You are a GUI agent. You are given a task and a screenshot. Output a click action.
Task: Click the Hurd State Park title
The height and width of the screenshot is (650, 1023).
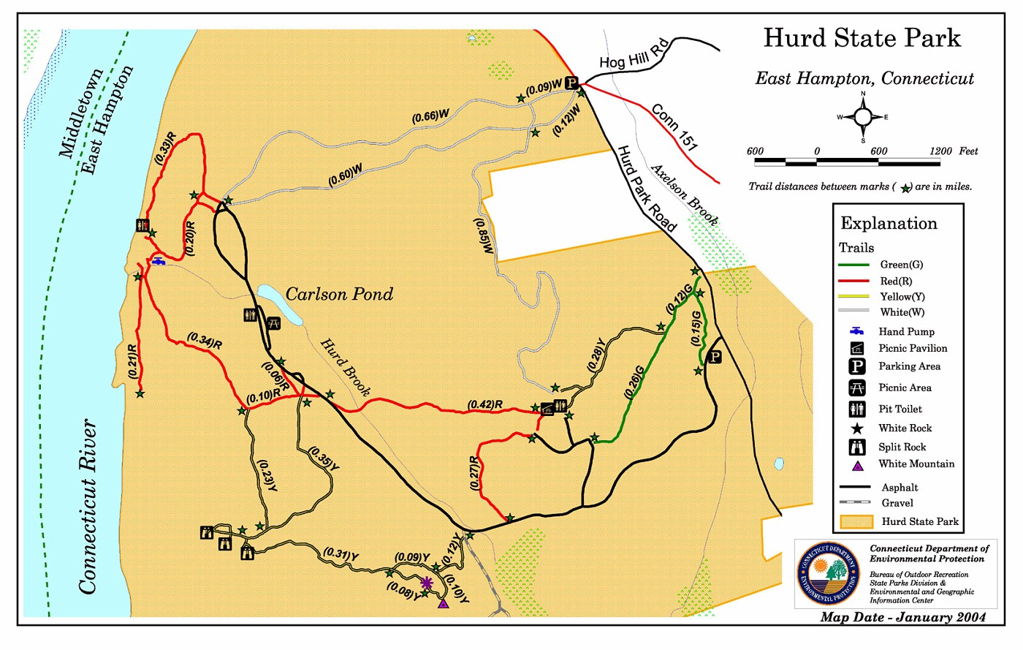[862, 38]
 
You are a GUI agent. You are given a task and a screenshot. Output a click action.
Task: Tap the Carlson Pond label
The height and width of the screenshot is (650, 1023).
[339, 294]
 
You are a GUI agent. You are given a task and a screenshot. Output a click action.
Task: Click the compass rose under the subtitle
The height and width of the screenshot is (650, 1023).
[863, 117]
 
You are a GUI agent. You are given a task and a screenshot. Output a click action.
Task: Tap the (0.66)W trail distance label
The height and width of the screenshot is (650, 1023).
[430, 116]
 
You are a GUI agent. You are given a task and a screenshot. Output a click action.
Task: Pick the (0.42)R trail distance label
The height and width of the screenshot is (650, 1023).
[485, 404]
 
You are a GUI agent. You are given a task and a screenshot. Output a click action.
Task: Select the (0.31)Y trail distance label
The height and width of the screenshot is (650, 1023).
[341, 555]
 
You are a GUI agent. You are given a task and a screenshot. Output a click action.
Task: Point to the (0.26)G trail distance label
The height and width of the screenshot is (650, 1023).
[635, 382]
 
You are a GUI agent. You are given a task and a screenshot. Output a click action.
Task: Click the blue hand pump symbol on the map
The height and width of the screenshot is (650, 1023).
[158, 261]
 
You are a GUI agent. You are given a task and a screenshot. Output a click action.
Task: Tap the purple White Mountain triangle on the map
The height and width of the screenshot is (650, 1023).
[443, 604]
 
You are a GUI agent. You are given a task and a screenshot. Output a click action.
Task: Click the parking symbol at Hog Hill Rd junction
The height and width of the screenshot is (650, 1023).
[571, 83]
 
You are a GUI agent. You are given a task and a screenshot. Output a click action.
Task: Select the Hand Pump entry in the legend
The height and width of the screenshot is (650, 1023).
[906, 331]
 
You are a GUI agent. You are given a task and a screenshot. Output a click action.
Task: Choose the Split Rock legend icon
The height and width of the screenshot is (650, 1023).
[857, 447]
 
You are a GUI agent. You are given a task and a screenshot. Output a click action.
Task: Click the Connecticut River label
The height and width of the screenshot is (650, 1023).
[88, 506]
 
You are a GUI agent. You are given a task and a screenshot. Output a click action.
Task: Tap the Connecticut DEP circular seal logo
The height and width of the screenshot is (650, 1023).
[829, 573]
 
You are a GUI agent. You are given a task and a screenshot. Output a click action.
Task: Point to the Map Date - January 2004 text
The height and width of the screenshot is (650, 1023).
[902, 617]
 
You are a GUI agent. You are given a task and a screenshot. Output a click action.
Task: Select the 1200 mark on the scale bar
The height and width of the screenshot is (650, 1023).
[940, 151]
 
